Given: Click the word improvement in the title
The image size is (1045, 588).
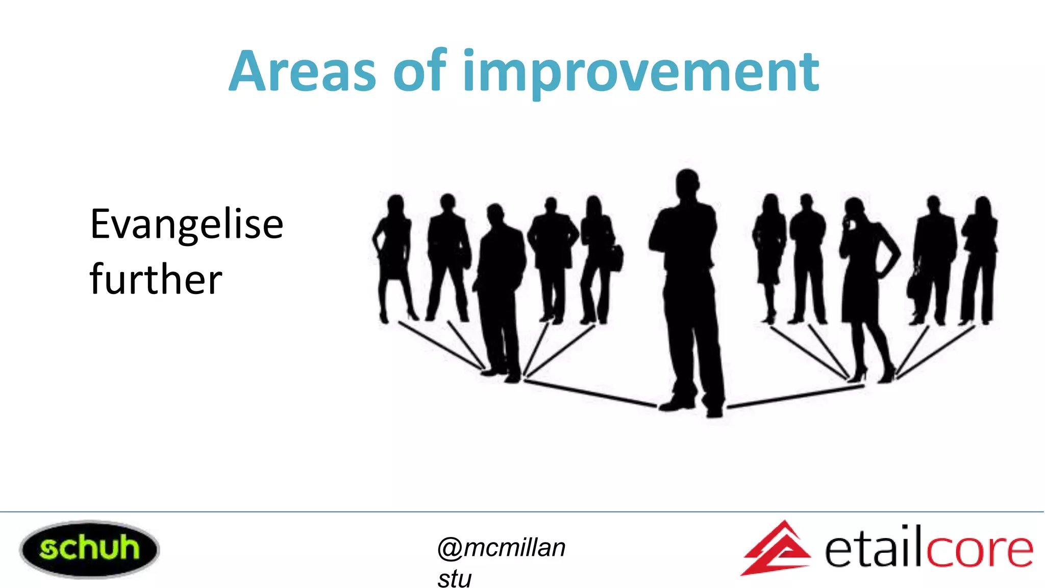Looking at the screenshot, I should coord(640,72).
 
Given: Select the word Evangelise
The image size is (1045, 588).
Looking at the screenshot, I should coord(186,225).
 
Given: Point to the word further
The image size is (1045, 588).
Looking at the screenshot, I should coord(156,280).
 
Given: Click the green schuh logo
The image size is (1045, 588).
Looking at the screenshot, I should coord(89,549).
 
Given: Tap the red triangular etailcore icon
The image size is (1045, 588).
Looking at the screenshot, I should coord(775,549).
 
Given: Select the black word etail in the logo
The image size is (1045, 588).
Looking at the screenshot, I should coord(874,549).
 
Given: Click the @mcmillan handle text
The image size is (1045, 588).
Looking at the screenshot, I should coord(501,548).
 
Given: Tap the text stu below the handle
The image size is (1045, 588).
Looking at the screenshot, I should coord(454,579).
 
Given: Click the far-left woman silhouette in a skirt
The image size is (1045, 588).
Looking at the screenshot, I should coord(393,255).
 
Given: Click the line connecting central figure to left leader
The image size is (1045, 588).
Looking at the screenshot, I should coord(589,393).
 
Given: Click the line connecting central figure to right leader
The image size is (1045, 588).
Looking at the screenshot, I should coord(796,397).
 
